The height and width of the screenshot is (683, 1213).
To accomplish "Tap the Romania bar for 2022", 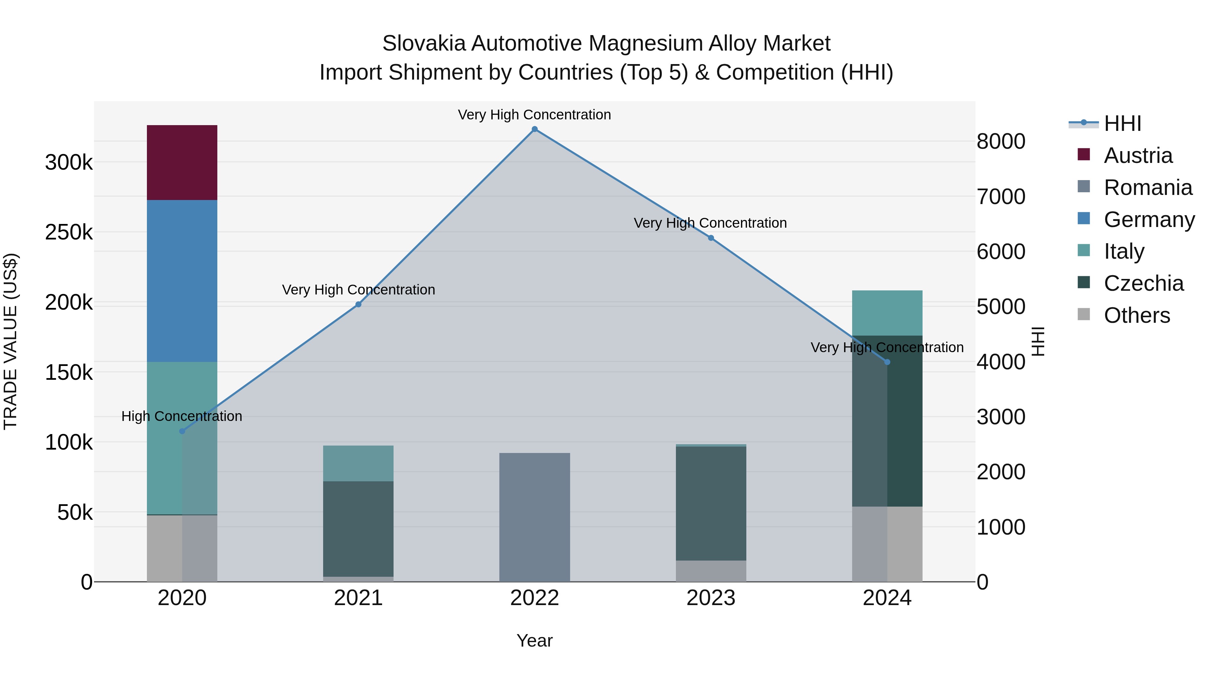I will pos(534,517).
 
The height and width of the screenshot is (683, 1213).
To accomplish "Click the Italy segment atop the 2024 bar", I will pos(887,313).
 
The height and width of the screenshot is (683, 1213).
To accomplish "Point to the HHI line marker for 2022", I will pos(534,129).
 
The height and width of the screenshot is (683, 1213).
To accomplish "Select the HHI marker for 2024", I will pos(887,362).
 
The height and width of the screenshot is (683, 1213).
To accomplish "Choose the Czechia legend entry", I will pos(1143,283).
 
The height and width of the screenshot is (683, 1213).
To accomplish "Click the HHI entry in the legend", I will pos(1122,123).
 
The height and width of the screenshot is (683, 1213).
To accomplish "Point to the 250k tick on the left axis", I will pos(69,232).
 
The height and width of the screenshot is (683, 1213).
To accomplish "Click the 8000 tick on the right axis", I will pos(1001,141).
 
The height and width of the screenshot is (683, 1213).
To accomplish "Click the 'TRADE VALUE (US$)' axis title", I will pos(10,341).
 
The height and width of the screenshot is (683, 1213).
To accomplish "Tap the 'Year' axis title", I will pos(534,641).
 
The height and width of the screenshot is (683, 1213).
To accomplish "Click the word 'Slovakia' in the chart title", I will pos(424,44).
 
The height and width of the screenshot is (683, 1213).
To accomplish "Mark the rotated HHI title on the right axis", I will pos(1037,341).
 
